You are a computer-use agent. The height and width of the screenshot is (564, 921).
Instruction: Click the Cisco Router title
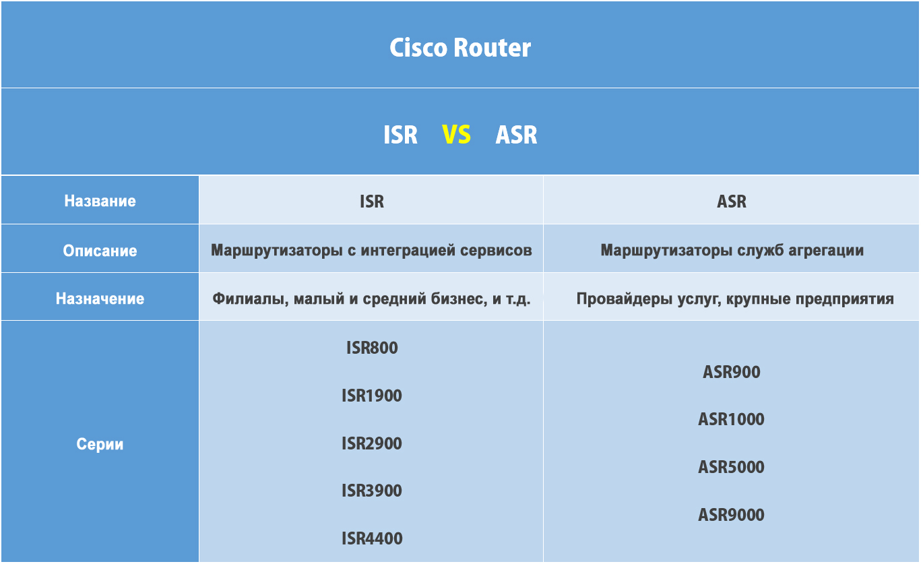(460, 48)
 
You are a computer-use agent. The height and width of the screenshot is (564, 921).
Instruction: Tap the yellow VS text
(456, 134)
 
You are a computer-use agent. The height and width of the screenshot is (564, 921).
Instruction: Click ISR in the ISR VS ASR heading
(400, 134)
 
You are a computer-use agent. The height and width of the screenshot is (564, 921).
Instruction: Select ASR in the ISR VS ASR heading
(516, 134)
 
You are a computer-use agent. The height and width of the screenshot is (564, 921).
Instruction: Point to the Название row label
(100, 201)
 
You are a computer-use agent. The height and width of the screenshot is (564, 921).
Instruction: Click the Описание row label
(100, 251)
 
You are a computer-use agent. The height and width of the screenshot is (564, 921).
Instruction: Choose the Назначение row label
(100, 299)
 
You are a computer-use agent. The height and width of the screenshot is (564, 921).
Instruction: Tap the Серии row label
(100, 444)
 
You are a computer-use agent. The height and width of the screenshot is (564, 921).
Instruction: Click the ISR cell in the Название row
(372, 201)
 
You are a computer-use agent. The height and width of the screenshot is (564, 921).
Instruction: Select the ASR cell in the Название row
(732, 201)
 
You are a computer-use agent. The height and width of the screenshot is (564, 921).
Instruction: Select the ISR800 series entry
(372, 348)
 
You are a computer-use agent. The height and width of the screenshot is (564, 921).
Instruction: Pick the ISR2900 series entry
(372, 443)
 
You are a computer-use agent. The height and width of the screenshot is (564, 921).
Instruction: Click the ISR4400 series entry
(372, 538)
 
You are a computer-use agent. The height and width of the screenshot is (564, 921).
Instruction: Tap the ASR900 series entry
(732, 372)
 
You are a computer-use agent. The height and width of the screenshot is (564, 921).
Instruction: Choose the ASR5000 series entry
(732, 467)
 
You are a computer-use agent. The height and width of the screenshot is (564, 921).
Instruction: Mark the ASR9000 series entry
(732, 515)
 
